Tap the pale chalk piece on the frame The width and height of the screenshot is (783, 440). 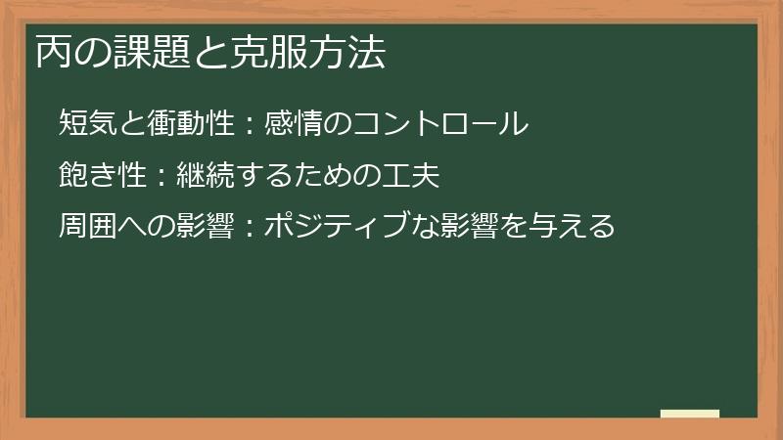pos(690,414)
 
